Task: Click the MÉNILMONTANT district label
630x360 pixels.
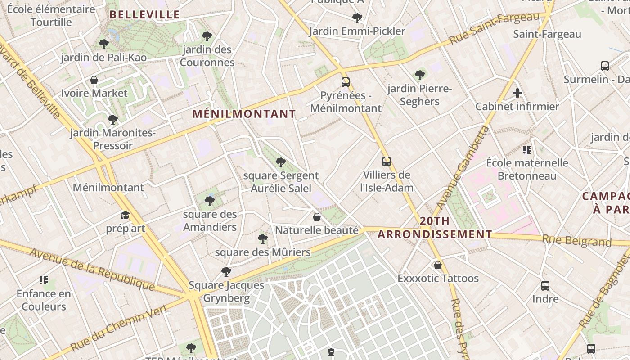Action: click(244, 114)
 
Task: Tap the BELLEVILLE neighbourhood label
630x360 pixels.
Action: click(144, 15)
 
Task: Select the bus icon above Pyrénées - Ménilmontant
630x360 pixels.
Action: click(346, 82)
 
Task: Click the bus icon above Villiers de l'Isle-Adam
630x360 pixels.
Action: click(386, 162)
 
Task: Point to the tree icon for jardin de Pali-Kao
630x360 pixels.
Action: click(104, 44)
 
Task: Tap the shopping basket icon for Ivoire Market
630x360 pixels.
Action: click(94, 80)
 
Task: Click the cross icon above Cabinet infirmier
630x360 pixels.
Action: click(517, 94)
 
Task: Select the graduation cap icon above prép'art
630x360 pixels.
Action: click(125, 216)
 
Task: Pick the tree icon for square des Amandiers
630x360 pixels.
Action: click(209, 201)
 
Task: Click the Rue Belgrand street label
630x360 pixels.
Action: click(577, 241)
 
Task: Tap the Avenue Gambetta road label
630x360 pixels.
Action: click(463, 167)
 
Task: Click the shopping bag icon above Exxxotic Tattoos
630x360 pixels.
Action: click(437, 265)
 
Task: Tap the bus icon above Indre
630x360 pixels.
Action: click(545, 285)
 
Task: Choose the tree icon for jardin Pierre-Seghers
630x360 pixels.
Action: click(420, 75)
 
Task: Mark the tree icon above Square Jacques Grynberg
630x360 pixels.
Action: click(226, 271)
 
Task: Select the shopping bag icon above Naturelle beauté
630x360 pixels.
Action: click(317, 217)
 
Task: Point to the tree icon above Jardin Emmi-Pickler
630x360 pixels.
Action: click(357, 18)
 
